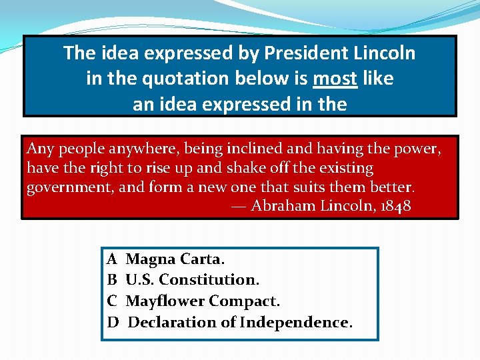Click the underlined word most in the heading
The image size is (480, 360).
(x=335, y=79)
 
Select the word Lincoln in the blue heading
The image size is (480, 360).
(x=382, y=53)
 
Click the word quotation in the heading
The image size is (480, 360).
(x=178, y=79)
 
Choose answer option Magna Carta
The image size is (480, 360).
(x=175, y=259)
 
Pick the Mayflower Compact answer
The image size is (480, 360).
(x=203, y=301)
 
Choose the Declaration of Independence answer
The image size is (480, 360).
(x=239, y=323)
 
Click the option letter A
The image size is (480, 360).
(x=112, y=259)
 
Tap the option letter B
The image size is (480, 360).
(x=112, y=280)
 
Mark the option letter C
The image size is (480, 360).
(x=112, y=301)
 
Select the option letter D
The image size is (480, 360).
(x=113, y=323)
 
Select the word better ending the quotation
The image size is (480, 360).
(x=392, y=187)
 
